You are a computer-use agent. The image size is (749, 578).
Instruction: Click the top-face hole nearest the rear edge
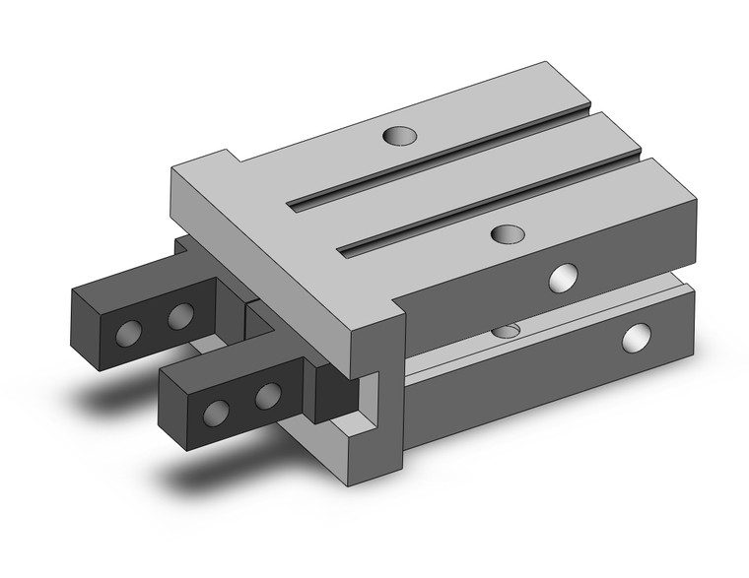[399, 134]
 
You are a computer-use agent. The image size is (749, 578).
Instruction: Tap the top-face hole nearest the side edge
[508, 234]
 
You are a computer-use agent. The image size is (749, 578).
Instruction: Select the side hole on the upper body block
[565, 279]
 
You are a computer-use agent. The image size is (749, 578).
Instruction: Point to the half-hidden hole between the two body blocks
[508, 330]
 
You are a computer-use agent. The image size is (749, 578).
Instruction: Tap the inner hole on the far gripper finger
[179, 317]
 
